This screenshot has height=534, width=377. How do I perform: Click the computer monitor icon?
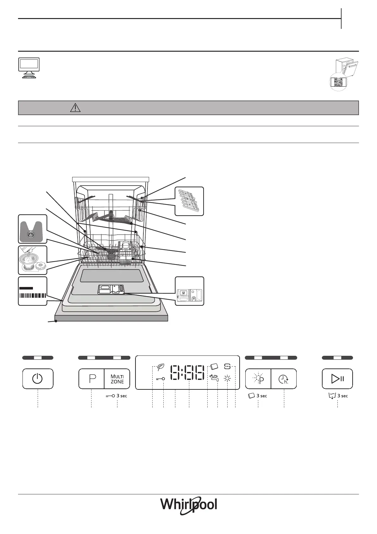(29, 68)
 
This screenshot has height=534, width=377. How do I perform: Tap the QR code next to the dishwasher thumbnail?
(338, 82)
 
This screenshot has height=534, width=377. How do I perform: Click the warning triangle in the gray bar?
(75, 108)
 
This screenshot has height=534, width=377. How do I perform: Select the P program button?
(91, 379)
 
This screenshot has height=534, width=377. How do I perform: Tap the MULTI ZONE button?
(117, 379)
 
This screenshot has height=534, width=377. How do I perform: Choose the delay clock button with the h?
(284, 379)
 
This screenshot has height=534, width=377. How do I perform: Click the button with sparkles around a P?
(258, 379)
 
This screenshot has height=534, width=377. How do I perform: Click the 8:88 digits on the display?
(187, 372)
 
